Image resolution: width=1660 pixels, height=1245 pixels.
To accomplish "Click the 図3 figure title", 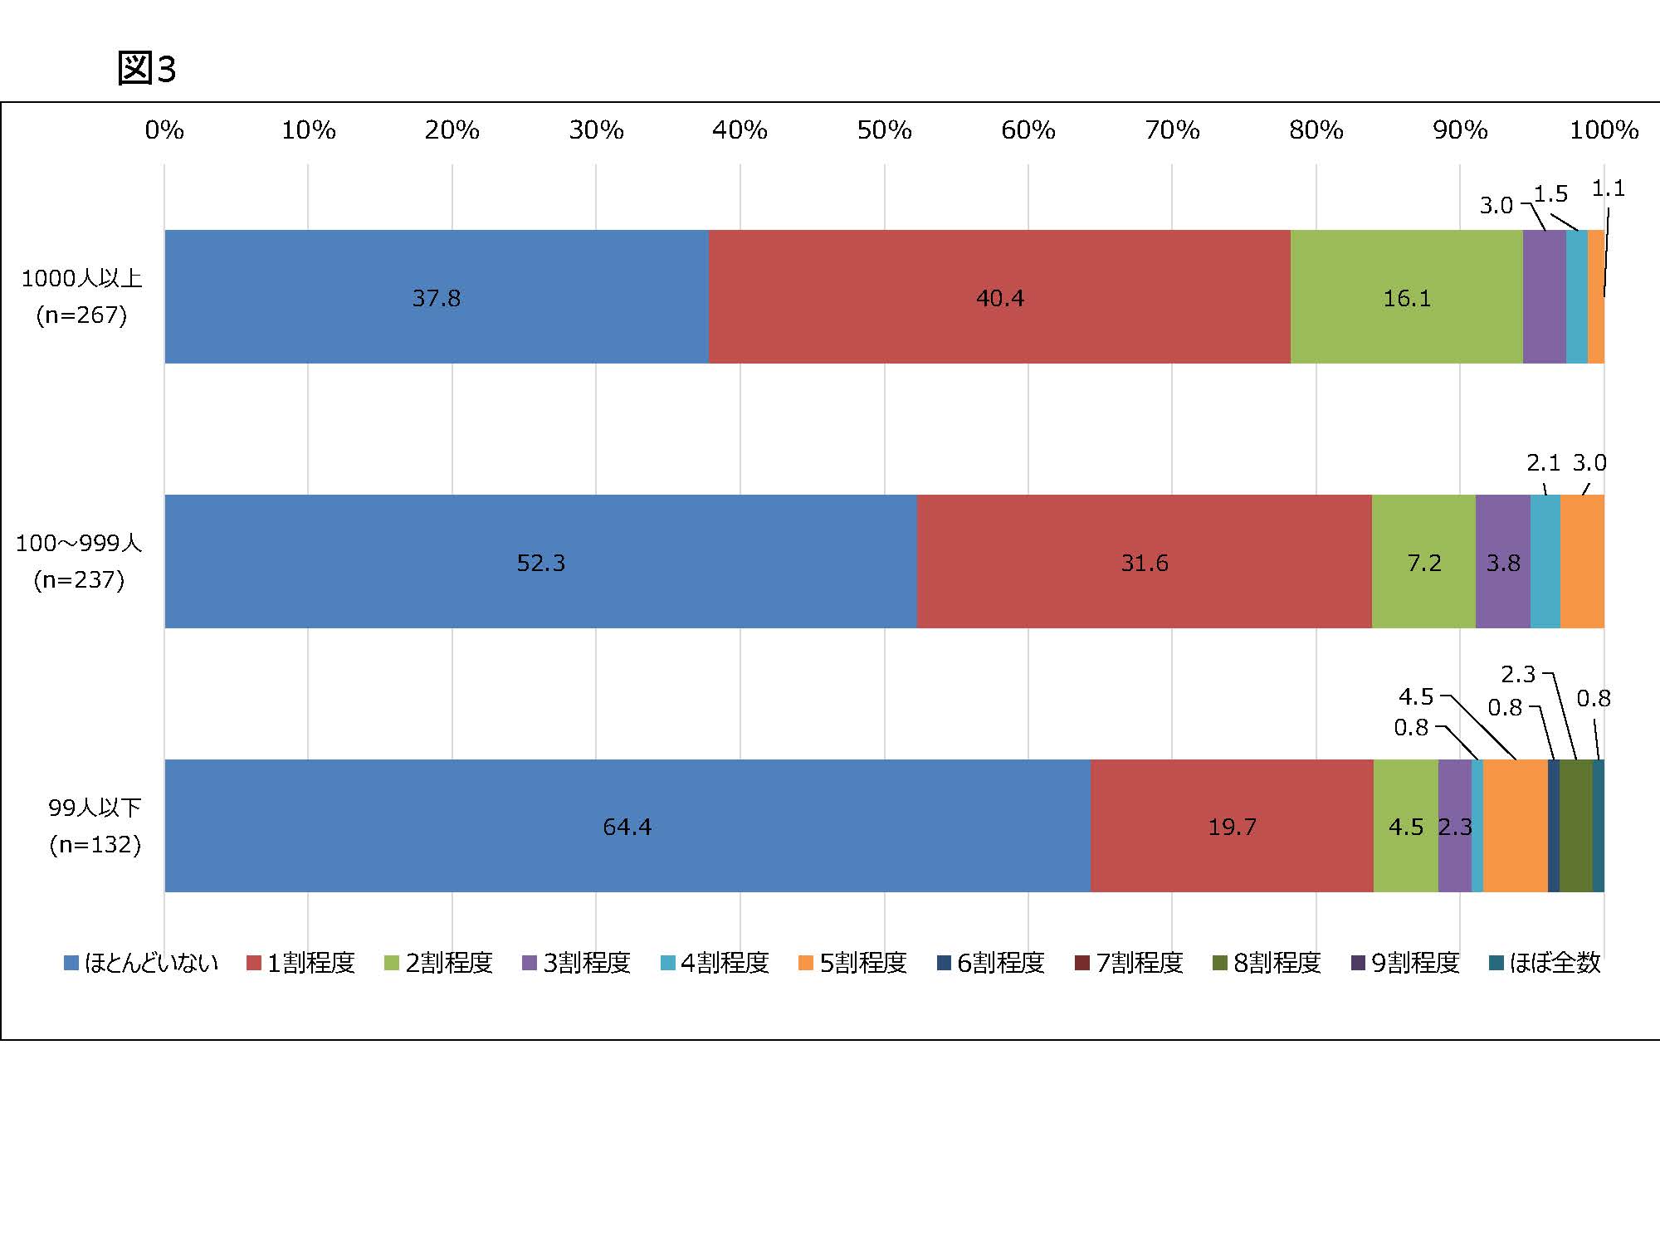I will pos(147,68).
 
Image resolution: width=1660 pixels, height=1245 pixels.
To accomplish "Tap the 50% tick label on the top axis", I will pos(884,130).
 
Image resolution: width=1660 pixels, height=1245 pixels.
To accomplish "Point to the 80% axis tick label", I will pos(1316,130).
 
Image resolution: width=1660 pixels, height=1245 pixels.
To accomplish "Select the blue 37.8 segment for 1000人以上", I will pos(437,296).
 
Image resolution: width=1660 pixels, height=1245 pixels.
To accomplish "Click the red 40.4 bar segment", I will pos(999,296).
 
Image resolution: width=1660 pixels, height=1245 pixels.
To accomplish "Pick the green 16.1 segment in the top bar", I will pos(1406,296).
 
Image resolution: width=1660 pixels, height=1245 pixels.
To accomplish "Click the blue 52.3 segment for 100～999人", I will pos(540,561).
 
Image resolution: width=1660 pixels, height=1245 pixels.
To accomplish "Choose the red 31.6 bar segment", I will pos(1144,561).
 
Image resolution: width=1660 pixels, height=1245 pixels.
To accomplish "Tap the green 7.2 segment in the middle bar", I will pos(1423,561).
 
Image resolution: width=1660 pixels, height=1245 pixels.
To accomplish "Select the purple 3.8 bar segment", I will pos(1502,561).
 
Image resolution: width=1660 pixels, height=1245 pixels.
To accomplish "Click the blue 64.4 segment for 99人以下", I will pos(627,826).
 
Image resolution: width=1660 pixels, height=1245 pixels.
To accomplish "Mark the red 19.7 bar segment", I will pos(1232,826).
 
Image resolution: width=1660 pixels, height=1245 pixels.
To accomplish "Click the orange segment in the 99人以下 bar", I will pos(1515,826).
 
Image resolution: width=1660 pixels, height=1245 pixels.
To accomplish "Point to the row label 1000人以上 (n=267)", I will pos(81,296).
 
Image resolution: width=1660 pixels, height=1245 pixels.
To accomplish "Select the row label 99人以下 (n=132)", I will pos(95,826).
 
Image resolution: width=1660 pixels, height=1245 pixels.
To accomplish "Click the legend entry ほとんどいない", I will pos(141,963).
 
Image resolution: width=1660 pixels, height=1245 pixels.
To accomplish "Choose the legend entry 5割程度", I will pos(852,963).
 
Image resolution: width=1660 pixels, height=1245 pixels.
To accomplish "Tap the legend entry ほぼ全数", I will pos(1545,963).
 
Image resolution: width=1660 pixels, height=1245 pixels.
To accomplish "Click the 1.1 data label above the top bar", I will pos(1608,189).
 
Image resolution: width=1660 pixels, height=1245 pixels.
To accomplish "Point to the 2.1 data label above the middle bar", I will pos(1543,462).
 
